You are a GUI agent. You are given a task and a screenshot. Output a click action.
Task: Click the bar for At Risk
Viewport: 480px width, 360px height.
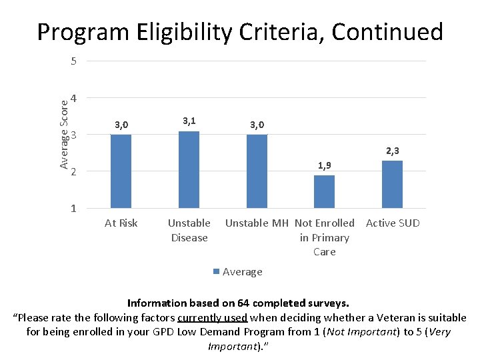(121, 171)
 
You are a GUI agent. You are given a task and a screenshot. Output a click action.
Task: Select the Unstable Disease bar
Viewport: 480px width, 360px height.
(189, 169)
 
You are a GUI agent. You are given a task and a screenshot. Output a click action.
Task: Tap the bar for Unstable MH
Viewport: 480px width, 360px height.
(257, 171)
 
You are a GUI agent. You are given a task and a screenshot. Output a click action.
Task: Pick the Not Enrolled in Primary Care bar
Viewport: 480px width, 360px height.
(324, 191)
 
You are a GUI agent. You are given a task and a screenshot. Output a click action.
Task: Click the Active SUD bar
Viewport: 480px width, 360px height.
(392, 184)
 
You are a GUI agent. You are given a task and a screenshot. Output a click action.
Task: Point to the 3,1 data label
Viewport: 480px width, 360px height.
(189, 121)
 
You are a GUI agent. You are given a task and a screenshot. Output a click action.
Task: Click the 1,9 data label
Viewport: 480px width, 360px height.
(324, 165)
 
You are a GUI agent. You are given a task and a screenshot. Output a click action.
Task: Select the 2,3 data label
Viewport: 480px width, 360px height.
(392, 151)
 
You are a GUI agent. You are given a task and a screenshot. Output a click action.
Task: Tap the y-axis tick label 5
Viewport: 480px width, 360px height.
(73, 62)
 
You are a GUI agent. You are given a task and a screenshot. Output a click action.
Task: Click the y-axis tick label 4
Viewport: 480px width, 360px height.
(73, 99)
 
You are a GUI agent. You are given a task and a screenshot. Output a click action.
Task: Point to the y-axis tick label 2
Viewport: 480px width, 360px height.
(73, 172)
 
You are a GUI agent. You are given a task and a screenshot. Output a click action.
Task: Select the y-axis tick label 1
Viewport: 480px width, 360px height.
(73, 209)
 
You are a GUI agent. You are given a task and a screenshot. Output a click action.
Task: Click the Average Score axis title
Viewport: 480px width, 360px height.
(64, 133)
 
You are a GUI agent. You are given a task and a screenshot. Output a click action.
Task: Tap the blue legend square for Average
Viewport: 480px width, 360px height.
(216, 271)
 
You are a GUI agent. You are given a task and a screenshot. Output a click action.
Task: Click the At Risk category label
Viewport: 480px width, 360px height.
(121, 223)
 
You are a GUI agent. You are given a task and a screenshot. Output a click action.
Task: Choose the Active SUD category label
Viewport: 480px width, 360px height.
(393, 223)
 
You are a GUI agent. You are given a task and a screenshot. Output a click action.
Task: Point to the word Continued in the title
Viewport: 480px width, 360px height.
(387, 31)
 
